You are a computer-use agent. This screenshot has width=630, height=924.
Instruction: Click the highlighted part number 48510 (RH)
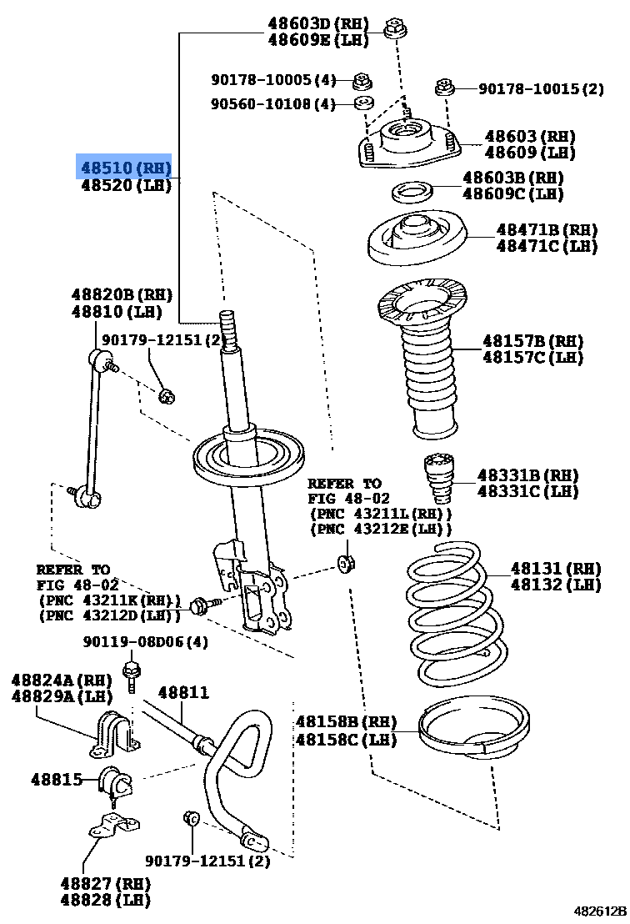tap(124, 167)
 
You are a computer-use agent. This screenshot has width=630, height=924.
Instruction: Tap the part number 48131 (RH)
tap(555, 569)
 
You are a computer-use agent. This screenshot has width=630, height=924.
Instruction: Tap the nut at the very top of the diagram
tap(395, 31)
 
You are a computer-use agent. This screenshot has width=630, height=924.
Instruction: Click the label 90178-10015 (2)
tap(541, 89)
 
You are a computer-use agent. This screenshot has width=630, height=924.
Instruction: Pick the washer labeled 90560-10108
tap(362, 103)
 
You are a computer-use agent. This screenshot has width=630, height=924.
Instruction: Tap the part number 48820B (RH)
tap(121, 294)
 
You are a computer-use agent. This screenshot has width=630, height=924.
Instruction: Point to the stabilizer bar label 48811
tap(183, 692)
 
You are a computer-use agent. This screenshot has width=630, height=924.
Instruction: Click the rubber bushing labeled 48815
tap(114, 782)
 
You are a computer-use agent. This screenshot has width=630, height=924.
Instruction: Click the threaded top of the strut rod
tap(229, 329)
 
